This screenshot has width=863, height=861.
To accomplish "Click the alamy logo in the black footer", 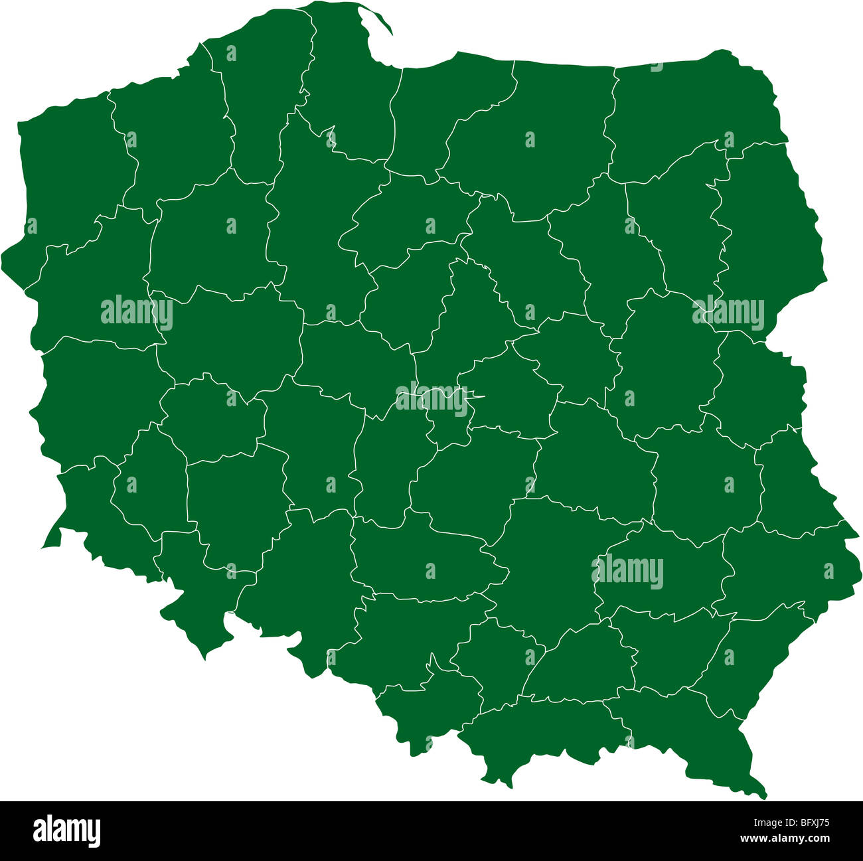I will [66, 830].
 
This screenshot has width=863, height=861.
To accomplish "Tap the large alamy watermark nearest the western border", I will [137, 311].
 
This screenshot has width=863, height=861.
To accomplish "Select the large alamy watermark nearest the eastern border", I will [728, 311].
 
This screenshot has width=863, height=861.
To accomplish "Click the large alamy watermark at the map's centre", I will [431, 399].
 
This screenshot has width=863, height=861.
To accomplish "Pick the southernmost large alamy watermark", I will [627, 571].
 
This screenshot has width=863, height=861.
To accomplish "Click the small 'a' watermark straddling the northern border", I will [656, 66].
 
